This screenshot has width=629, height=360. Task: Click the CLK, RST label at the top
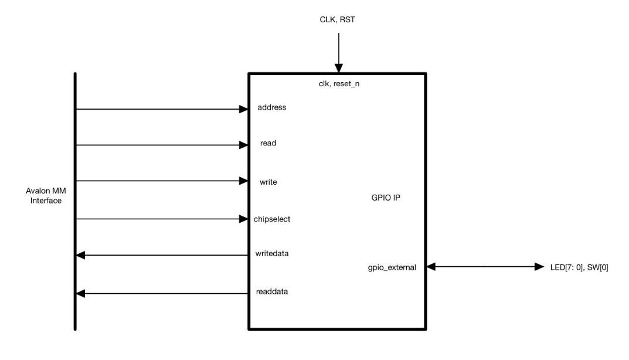coord(338,21)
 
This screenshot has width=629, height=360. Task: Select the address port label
coord(271,108)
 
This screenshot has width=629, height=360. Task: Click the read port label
coord(268,143)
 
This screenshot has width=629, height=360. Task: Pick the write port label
coord(268,182)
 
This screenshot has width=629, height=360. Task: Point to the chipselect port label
coord(273,219)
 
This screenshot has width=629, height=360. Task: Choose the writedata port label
coord(271,254)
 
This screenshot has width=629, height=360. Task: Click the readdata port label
coord(271,290)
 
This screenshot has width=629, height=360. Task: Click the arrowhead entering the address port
coord(244,109)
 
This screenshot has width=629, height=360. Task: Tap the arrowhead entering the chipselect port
coord(244,219)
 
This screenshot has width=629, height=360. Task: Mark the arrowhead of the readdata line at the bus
coord(81,292)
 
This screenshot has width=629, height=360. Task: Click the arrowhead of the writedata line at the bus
coord(81,255)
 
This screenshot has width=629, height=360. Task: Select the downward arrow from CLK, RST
coord(338,53)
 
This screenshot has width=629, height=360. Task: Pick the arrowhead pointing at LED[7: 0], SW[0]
coord(539,267)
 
